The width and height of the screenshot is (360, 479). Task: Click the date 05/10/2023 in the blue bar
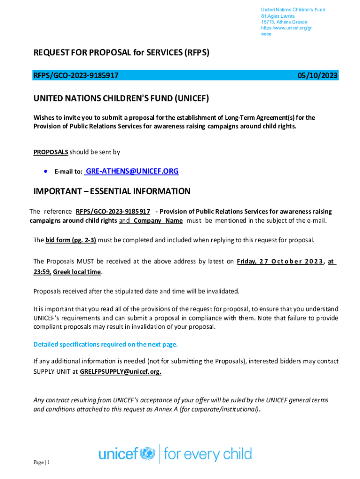318,76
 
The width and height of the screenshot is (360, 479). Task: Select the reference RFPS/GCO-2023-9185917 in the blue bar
76,76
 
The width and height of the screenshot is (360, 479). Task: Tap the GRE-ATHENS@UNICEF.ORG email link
132,172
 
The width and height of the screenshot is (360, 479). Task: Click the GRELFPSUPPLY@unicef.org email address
121,371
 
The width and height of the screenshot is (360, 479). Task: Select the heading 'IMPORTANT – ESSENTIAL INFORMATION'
112,191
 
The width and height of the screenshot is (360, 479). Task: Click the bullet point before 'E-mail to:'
45,172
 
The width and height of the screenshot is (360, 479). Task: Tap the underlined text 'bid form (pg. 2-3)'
71,240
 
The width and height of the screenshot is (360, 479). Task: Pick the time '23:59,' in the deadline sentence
42,272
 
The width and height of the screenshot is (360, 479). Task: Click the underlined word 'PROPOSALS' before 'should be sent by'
51,152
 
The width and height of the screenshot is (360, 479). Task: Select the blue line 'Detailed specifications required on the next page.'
106,345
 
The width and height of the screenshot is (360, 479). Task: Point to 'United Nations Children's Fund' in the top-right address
293,10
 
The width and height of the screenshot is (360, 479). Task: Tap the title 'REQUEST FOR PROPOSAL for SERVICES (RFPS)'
121,53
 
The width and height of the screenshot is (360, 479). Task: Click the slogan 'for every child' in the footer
208,454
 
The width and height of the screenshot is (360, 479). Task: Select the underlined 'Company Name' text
158,221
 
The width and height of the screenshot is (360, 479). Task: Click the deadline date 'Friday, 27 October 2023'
281,262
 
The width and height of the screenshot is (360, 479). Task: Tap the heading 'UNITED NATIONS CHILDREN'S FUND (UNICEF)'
121,99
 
